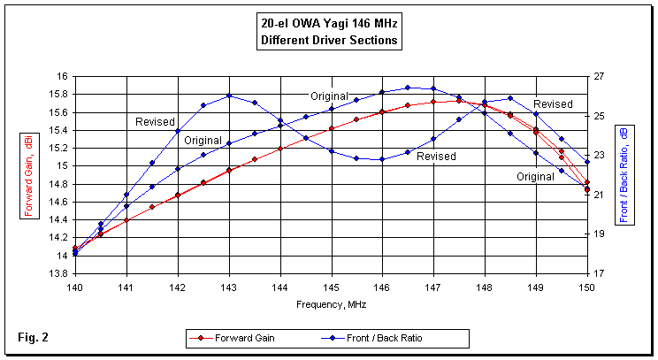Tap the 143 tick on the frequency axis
click(x=228, y=288)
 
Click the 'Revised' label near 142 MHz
click(x=155, y=122)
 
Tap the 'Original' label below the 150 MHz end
click(x=537, y=177)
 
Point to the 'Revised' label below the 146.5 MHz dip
click(x=436, y=157)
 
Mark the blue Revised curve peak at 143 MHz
click(x=229, y=96)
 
